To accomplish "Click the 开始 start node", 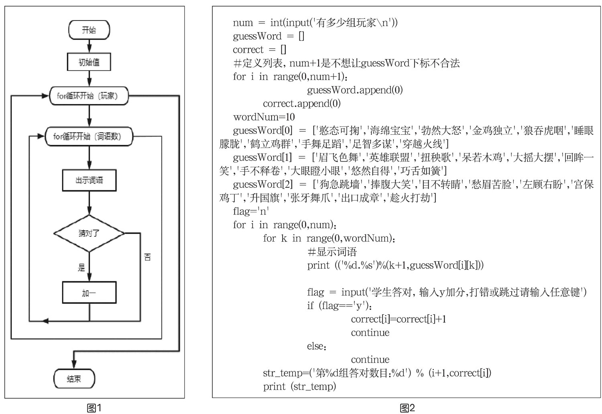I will click(x=89, y=30).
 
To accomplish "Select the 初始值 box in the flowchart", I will click(x=89, y=62).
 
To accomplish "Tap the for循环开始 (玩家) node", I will click(x=89, y=96).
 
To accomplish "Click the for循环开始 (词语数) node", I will click(x=89, y=136).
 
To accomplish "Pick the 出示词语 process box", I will click(x=89, y=180).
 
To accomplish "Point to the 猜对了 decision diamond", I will click(x=89, y=233).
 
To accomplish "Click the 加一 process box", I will click(x=89, y=293).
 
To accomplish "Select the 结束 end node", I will click(x=74, y=379).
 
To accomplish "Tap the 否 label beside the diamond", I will click(x=147, y=257).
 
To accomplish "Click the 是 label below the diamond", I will click(x=81, y=267).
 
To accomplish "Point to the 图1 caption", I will click(x=94, y=408).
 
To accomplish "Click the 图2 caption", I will click(x=407, y=408).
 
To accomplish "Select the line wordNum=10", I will click(x=264, y=117).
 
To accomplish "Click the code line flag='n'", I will click(x=250, y=211).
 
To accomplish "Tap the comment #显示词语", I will click(x=332, y=252).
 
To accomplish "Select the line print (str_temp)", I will click(x=299, y=386).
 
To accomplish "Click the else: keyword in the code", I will click(x=317, y=346).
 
